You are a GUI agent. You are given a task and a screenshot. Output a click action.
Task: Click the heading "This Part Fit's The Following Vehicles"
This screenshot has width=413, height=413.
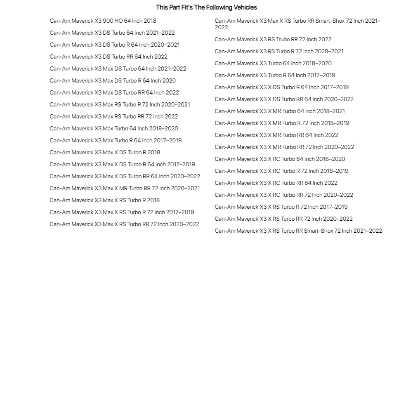point(206,7)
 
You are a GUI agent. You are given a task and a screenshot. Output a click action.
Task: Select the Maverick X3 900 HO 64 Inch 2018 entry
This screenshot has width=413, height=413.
point(103,21)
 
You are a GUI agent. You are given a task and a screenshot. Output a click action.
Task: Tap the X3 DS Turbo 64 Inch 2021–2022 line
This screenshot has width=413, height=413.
point(112,33)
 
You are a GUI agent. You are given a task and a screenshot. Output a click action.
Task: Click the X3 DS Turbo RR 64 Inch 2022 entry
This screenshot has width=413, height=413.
point(109,57)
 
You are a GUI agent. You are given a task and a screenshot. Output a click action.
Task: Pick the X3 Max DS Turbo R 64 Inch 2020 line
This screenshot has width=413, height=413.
point(113,80)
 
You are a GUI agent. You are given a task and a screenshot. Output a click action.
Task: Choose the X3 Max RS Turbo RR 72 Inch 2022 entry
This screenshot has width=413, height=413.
point(113,116)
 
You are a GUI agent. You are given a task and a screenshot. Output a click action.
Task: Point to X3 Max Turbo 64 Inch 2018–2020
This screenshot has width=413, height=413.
point(114,128)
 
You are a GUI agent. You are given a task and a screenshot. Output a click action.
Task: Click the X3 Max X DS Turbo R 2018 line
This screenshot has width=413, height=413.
point(105,152)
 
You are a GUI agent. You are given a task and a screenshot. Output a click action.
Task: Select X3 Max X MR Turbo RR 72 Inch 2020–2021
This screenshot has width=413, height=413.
point(125,188)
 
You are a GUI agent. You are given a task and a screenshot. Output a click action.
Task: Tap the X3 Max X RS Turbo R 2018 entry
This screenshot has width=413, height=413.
point(104,200)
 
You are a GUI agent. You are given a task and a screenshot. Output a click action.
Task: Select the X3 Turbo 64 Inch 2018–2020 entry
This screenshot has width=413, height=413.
point(273,63)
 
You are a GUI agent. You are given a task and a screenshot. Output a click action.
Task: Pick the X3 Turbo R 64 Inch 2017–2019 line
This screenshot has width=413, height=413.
point(275,75)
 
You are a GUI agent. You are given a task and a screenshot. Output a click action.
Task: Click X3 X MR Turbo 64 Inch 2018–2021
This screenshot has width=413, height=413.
point(279,111)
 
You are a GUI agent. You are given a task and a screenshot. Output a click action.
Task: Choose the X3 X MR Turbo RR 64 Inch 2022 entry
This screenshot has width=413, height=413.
point(276,135)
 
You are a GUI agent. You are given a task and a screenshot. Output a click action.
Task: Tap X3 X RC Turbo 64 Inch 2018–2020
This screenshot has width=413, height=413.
point(280,159)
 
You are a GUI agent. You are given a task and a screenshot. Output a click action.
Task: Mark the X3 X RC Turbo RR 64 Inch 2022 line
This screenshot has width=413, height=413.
point(276,183)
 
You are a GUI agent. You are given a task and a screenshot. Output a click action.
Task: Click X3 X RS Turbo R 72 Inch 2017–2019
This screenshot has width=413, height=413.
point(281,207)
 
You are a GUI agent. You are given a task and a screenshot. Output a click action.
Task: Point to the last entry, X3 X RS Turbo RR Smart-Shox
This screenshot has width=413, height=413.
point(298,231)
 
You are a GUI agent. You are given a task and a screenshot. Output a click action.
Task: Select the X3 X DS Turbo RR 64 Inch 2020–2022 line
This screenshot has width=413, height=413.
point(284,99)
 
